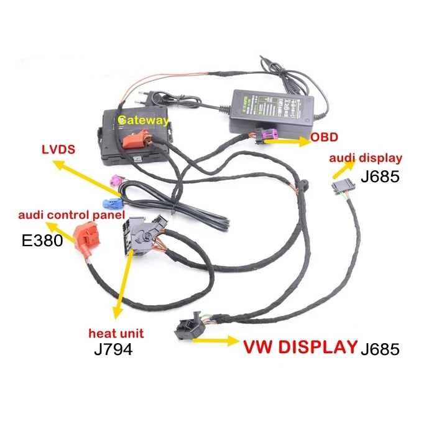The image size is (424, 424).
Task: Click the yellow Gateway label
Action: coord(143,120)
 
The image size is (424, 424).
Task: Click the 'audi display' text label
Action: coord(365,159)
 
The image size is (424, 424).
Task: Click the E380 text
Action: coord(42,240)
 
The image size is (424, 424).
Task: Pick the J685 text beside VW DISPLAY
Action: coord(380,349)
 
